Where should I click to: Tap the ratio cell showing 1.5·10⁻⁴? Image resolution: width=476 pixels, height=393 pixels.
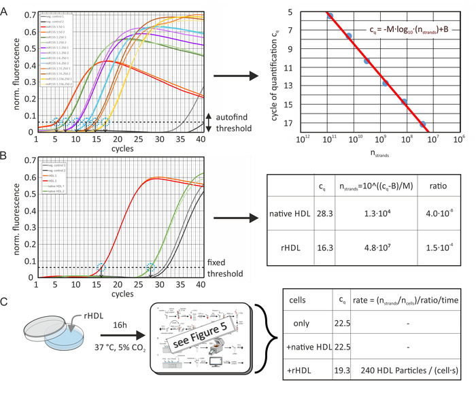(429, 260)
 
